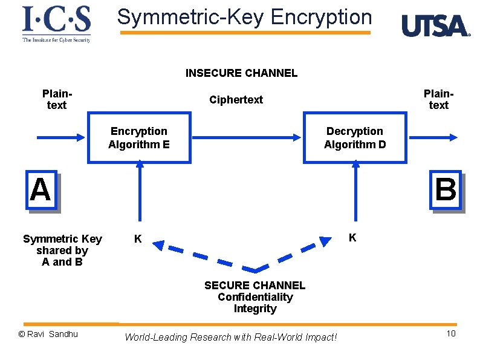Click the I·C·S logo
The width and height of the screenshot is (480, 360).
point(56,23)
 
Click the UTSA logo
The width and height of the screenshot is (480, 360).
point(435,26)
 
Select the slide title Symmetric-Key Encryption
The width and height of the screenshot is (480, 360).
point(244,17)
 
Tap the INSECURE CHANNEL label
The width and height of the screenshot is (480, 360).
point(241,73)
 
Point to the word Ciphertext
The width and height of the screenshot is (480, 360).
point(236,100)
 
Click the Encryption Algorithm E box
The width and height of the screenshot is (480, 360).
point(139,138)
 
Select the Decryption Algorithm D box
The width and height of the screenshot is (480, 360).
point(355,138)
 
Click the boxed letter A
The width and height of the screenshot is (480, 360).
point(41,190)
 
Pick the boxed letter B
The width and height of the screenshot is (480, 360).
point(446,190)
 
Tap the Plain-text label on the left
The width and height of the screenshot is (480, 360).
point(57,99)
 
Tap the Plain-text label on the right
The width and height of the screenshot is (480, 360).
point(438,99)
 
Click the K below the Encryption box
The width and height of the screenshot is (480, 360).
point(138,239)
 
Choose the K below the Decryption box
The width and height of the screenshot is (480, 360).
point(352,238)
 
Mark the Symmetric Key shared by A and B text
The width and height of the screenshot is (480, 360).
point(62,250)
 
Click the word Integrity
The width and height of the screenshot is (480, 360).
point(255,309)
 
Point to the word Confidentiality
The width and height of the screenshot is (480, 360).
point(255,297)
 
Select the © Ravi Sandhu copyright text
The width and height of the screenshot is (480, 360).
point(48,334)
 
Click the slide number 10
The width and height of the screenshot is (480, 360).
point(450,335)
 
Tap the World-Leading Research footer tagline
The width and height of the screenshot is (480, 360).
point(230,337)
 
